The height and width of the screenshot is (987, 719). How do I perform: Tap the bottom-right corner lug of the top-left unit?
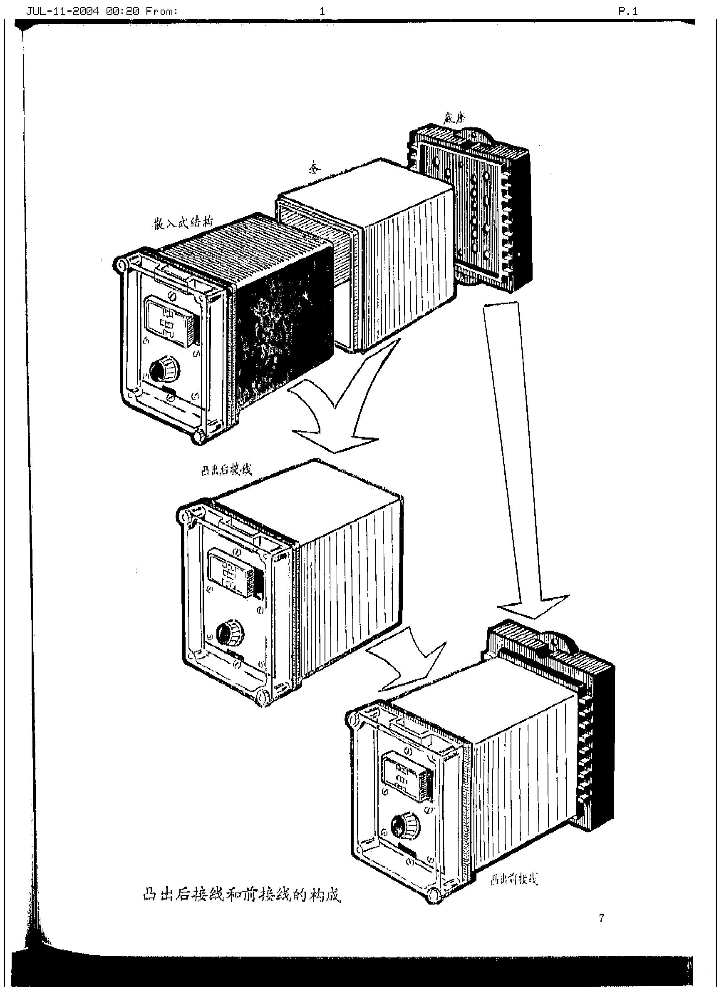point(199,435)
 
